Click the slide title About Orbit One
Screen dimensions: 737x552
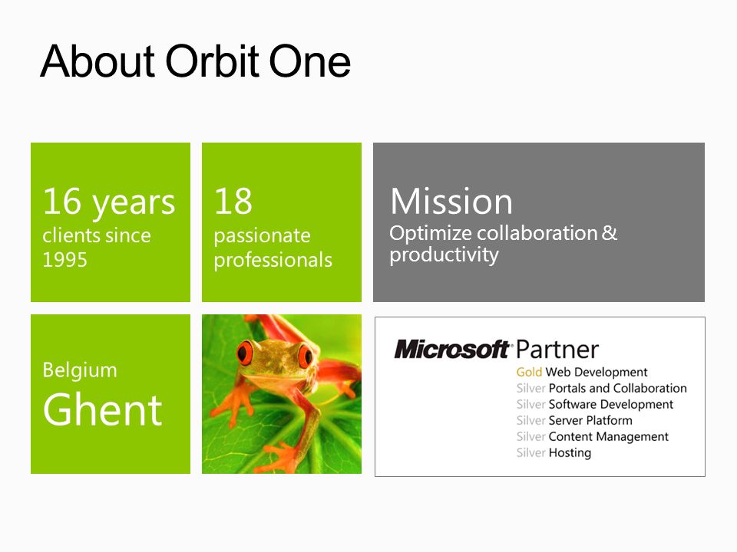pos(196,61)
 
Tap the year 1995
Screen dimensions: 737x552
pos(64,260)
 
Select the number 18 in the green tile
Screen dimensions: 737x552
pos(233,201)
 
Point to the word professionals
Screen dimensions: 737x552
pos(273,261)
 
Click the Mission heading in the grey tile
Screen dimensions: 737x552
pos(451,202)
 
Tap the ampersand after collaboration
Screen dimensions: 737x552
pos(609,233)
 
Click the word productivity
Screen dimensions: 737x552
pos(444,255)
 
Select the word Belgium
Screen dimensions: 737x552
pos(80,371)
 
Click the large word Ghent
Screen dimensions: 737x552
pos(102,409)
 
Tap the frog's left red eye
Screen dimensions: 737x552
pos(245,353)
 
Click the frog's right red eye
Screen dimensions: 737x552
pos(305,356)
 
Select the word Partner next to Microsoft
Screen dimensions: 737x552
pos(557,350)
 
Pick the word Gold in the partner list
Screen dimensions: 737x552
pos(529,373)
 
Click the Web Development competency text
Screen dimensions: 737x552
pos(597,373)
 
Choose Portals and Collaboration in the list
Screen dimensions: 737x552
pos(617,388)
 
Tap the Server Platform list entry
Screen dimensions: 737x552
pos(590,420)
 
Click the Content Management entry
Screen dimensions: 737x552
pos(608,436)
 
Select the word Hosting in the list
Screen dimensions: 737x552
pos(570,453)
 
